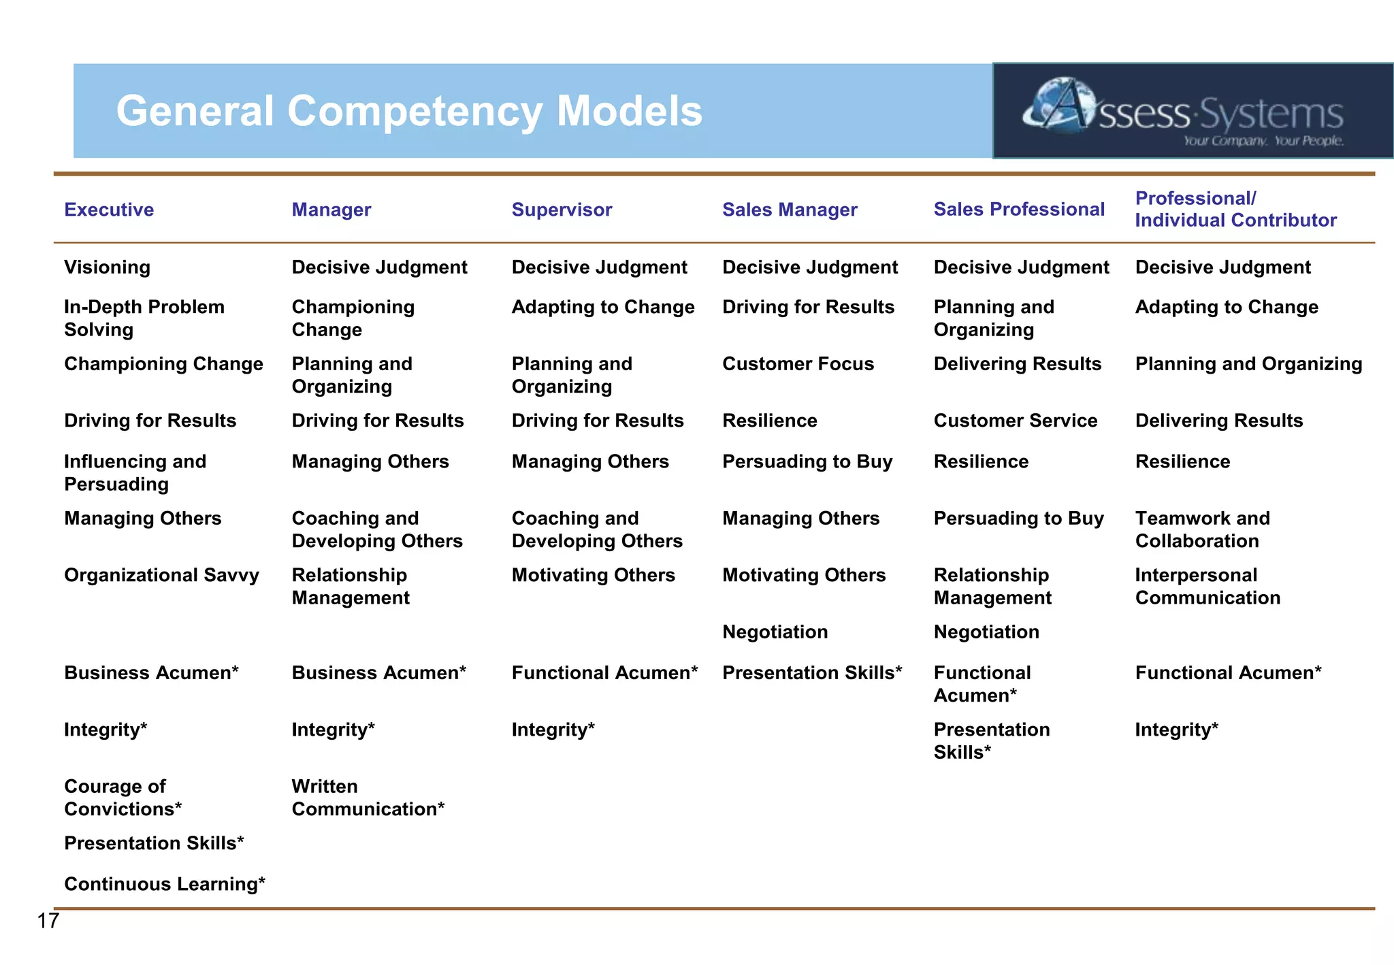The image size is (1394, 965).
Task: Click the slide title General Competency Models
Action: [409, 111]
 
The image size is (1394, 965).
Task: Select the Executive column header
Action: [109, 210]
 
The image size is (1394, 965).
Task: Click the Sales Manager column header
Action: [790, 210]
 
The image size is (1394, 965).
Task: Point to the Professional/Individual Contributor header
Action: [1235, 209]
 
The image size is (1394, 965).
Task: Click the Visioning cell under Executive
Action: [107, 267]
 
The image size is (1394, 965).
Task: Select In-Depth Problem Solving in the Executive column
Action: [144, 318]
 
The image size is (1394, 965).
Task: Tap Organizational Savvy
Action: [161, 575]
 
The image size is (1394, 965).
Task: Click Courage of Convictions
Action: [123, 798]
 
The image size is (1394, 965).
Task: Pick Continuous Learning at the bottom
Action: [164, 884]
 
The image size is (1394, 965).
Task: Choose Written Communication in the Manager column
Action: [368, 798]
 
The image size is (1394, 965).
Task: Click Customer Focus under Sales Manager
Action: [798, 364]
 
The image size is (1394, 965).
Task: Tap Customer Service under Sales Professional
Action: [1015, 421]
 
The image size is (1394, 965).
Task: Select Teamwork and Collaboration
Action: [1202, 529]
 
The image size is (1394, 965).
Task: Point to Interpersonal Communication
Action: [1207, 586]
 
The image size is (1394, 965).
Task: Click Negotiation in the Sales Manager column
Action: [775, 632]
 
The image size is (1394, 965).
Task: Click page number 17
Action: [48, 921]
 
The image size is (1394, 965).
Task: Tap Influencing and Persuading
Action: [135, 472]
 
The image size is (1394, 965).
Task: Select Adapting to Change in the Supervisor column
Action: [602, 307]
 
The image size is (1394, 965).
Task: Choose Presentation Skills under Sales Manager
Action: [811, 673]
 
